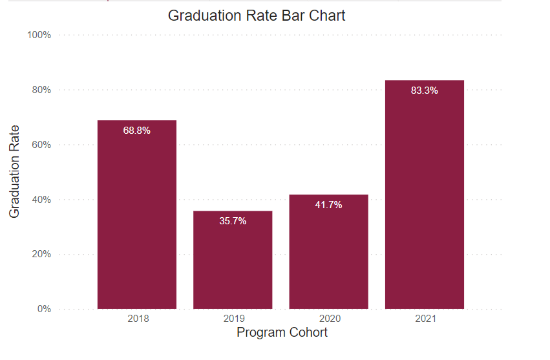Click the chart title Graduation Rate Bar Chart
click(x=257, y=16)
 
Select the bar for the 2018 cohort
click(x=136, y=220)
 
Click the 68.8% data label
click(x=136, y=131)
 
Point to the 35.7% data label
click(x=233, y=221)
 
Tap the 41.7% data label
click(x=328, y=205)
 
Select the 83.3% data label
click(x=424, y=90)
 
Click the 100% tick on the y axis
click(x=39, y=35)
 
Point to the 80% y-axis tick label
click(x=41, y=90)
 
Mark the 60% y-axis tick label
click(x=41, y=145)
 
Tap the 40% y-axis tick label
click(x=41, y=200)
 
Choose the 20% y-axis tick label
click(x=41, y=254)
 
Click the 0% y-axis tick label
click(x=43, y=309)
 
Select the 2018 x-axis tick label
click(x=138, y=319)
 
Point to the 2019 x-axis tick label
click(x=233, y=319)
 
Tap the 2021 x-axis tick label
click(x=426, y=319)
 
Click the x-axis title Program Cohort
click(x=282, y=333)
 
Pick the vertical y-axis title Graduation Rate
click(x=15, y=171)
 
